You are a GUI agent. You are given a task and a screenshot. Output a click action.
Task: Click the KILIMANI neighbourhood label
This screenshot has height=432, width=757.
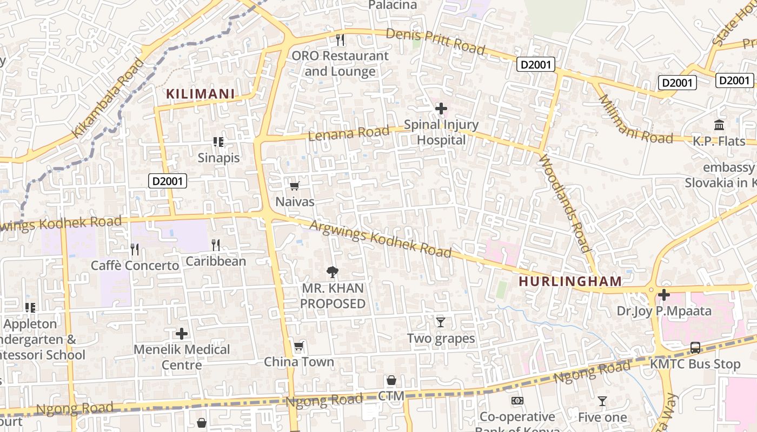coord(200,94)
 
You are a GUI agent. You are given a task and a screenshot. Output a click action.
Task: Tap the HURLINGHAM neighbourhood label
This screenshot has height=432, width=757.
coord(570,281)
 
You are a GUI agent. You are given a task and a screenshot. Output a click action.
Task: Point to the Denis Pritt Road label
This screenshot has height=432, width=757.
coord(435,41)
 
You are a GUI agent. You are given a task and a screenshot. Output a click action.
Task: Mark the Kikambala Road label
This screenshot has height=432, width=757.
coord(109,98)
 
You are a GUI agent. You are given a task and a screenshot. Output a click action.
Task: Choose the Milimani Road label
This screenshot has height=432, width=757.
coord(635,120)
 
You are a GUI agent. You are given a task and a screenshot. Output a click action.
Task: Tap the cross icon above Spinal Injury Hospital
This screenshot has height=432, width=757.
coord(441,109)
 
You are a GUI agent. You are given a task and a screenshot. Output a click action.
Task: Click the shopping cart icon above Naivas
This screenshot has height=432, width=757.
coord(295,186)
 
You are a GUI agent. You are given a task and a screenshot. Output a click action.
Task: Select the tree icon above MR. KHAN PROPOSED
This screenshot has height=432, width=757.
coord(333,272)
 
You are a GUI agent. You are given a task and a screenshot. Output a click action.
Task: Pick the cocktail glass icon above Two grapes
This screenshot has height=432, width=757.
coord(441,322)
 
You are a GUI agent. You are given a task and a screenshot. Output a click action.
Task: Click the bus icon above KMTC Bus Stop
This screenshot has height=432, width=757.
coord(695,348)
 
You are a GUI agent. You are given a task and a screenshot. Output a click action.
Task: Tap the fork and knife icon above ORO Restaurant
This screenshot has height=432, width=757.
coord(340,39)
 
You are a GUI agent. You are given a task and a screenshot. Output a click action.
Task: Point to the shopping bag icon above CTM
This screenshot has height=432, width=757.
coord(391,380)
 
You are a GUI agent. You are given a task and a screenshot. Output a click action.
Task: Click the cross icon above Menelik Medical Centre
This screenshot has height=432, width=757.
coord(182,334)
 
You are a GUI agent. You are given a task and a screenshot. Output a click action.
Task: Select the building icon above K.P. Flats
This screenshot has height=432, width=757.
coord(719,125)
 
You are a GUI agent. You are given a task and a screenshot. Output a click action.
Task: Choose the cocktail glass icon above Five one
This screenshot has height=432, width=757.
coord(602,401)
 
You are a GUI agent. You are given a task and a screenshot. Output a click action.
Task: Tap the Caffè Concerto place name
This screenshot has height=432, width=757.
coord(135,266)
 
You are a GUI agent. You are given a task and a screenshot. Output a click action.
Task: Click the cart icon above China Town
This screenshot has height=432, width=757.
coord(298,346)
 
